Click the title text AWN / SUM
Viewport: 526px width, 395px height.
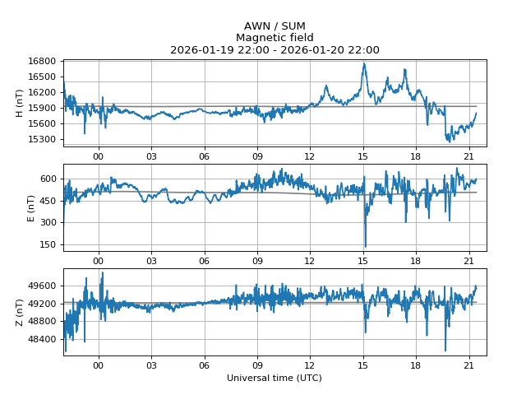[275, 26]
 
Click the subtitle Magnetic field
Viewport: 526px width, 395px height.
[275, 38]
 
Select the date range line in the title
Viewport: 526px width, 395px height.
[275, 50]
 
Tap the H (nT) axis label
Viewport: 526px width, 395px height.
[20, 103]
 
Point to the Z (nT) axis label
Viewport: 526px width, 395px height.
[20, 312]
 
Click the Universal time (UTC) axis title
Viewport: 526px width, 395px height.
[275, 378]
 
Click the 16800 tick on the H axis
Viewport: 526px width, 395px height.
[42, 62]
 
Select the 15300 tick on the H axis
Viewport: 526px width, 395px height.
[42, 139]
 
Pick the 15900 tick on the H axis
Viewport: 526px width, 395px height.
[42, 108]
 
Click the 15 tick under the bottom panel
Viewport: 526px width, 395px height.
[362, 365]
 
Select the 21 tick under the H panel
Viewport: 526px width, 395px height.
[468, 156]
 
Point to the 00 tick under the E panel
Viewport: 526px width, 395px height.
[99, 260]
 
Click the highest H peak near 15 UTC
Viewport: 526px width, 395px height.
[364, 63]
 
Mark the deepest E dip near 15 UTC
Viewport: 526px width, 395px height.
[365, 245]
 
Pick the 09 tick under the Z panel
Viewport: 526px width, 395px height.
[257, 365]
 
